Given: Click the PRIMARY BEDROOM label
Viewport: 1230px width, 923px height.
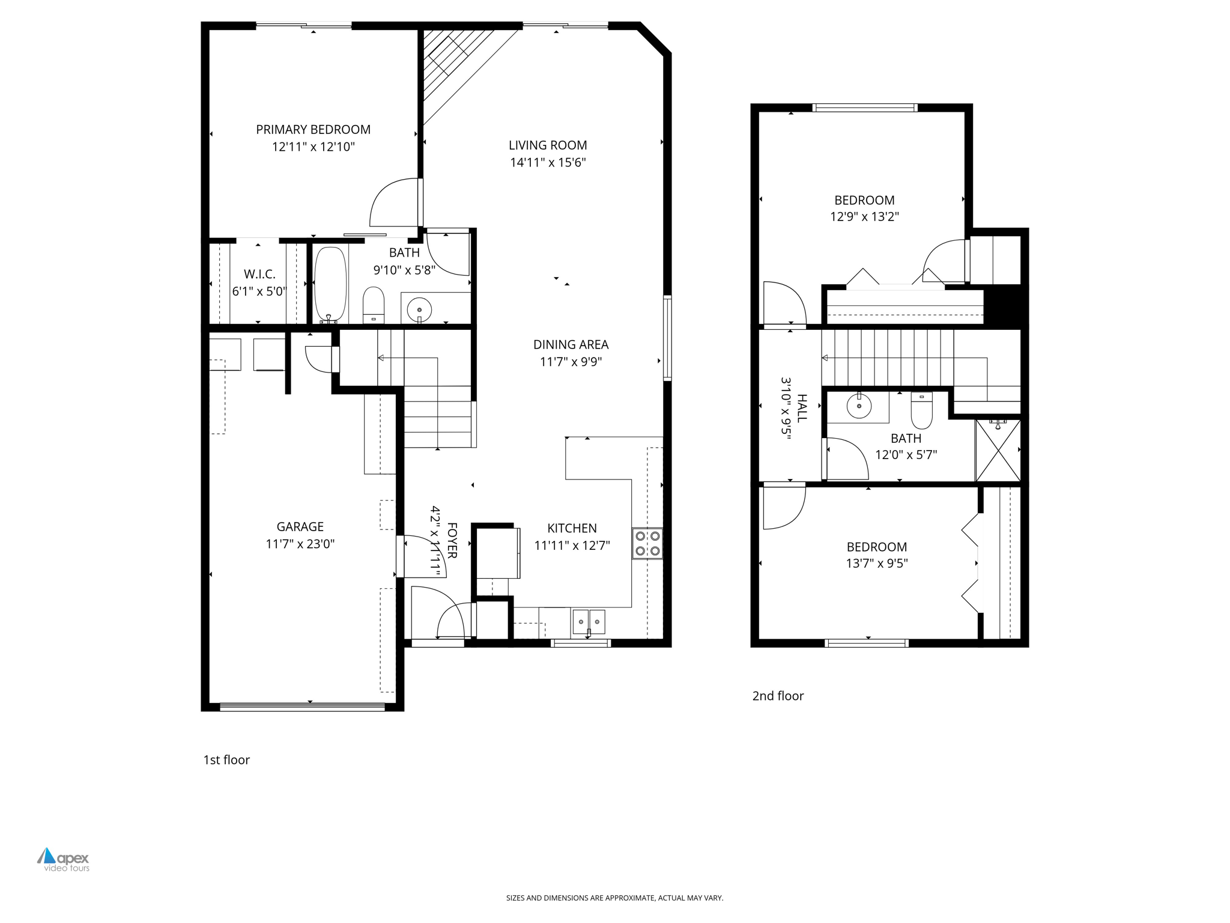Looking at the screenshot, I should [x=313, y=129].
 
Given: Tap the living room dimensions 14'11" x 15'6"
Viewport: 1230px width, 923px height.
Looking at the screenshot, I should [x=548, y=162].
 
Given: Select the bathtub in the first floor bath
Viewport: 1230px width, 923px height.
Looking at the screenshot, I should [x=330, y=284].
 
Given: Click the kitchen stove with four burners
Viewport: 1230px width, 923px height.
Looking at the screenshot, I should [x=647, y=543].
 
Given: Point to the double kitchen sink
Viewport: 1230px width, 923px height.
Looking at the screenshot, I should [x=589, y=621].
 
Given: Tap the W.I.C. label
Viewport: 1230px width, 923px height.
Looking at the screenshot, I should [x=259, y=274].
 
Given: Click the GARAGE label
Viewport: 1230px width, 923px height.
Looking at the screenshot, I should [x=300, y=526].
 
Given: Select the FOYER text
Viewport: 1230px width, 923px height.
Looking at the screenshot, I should [x=452, y=540].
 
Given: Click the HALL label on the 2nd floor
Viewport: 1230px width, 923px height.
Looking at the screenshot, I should [x=802, y=408].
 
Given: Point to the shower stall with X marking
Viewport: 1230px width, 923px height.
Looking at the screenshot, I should [x=998, y=450].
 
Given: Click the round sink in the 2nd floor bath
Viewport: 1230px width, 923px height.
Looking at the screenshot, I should [x=859, y=406].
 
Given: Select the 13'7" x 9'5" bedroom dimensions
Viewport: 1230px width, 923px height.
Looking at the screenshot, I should [x=876, y=563].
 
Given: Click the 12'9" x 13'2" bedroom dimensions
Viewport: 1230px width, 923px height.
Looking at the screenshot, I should [x=864, y=216].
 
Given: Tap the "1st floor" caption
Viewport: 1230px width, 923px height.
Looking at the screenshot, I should [x=226, y=760].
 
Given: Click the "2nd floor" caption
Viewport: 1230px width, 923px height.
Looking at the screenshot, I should [x=778, y=696].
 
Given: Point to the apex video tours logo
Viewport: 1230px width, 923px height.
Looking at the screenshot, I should [x=64, y=859].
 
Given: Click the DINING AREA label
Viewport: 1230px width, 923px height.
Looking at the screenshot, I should [x=571, y=344].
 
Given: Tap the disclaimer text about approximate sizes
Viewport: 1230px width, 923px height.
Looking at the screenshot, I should [x=614, y=898].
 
